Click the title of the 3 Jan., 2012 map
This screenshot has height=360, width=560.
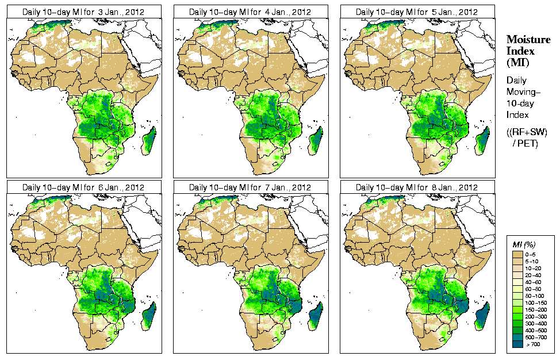tap(83, 12)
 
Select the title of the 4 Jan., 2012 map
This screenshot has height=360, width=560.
tap(250, 12)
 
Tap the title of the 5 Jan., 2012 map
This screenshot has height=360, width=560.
tap(417, 12)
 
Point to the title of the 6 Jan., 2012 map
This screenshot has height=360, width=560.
tap(83, 187)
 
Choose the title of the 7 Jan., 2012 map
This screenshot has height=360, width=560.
tap(250, 187)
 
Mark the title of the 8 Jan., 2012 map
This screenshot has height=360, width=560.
tap(417, 187)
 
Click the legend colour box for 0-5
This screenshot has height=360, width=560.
tap(518, 253)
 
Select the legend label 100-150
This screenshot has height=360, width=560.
tap(540, 301)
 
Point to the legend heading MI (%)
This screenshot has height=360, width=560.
tap(523, 245)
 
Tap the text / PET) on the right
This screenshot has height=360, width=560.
tap(526, 143)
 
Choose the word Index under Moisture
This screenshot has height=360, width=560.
tap(520, 51)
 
